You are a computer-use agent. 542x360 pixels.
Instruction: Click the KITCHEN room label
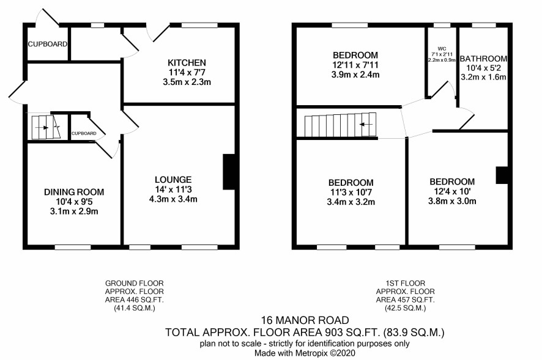pos(187,62)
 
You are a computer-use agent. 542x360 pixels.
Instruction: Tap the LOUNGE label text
pos(173,180)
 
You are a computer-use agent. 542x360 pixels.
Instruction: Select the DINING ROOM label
pos(74,192)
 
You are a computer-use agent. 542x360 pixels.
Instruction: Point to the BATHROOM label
pos(484,59)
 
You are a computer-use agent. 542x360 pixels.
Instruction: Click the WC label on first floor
pos(442,49)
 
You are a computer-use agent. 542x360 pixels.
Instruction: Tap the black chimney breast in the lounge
pos(229,172)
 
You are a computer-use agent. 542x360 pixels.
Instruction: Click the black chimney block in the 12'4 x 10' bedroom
pos(502,175)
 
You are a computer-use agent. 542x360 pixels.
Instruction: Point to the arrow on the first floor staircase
pos(366,124)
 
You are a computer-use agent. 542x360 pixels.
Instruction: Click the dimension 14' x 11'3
pos(173,189)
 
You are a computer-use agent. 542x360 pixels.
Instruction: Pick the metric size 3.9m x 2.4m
pos(355,75)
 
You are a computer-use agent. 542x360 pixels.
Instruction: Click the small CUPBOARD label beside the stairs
pos(84,133)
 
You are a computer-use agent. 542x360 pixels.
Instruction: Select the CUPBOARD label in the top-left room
pos(48,44)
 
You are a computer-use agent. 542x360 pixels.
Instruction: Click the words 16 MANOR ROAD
pos(305,320)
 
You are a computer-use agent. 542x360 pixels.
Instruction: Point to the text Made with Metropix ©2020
pos(305,353)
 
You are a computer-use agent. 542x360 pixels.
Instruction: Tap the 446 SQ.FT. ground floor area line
pos(135,299)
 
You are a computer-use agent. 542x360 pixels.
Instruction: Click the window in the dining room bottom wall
pos(73,247)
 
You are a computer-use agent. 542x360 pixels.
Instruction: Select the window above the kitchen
pos(199,25)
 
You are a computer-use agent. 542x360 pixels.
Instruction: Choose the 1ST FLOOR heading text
pos(406,284)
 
